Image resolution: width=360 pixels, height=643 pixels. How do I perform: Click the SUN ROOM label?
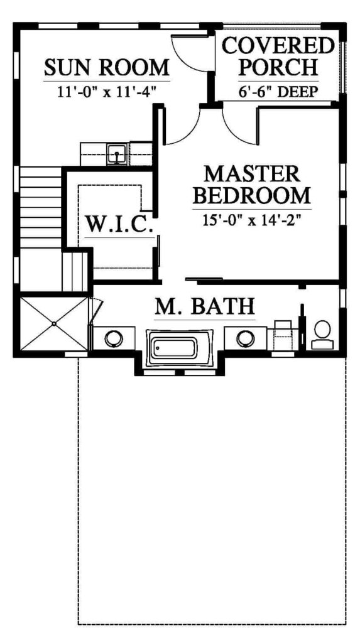(107, 68)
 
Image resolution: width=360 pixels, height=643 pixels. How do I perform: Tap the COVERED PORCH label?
(278, 57)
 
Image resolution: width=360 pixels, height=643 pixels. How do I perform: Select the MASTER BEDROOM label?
(252, 185)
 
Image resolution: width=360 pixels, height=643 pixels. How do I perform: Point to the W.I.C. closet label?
(119, 224)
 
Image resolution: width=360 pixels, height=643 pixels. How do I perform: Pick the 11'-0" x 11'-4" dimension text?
(107, 92)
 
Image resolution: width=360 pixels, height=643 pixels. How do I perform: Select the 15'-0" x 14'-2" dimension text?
(252, 219)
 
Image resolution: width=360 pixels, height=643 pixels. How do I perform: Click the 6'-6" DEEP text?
(278, 92)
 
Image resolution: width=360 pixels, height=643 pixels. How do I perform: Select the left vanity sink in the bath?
(113, 338)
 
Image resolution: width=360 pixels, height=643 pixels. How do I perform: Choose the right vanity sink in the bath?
(246, 338)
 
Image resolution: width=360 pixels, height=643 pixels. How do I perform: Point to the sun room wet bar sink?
(117, 154)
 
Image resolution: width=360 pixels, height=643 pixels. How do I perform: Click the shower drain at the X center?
(54, 323)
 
